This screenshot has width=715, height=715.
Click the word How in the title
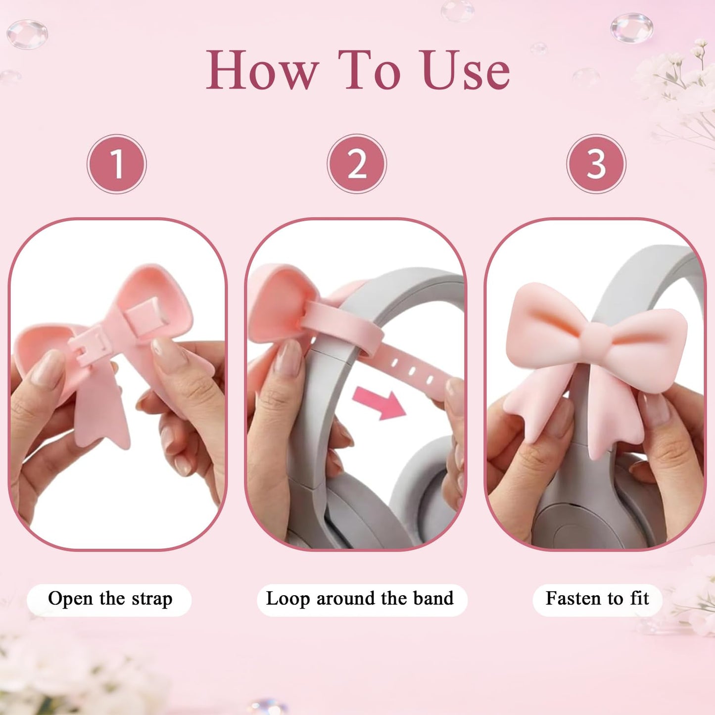coord(262,70)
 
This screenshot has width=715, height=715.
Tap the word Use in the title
coord(466,70)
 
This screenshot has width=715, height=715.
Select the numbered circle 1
coord(117,164)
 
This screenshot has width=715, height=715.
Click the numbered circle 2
coord(357,164)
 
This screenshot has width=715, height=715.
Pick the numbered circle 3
coord(596,164)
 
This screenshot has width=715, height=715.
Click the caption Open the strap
coord(110,599)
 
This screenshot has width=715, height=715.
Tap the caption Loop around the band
coord(360,599)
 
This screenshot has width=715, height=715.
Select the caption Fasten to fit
coord(597,598)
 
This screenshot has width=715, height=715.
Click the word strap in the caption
coord(152,600)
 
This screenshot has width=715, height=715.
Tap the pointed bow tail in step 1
coord(102,419)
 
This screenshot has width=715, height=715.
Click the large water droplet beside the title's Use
coord(631,28)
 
